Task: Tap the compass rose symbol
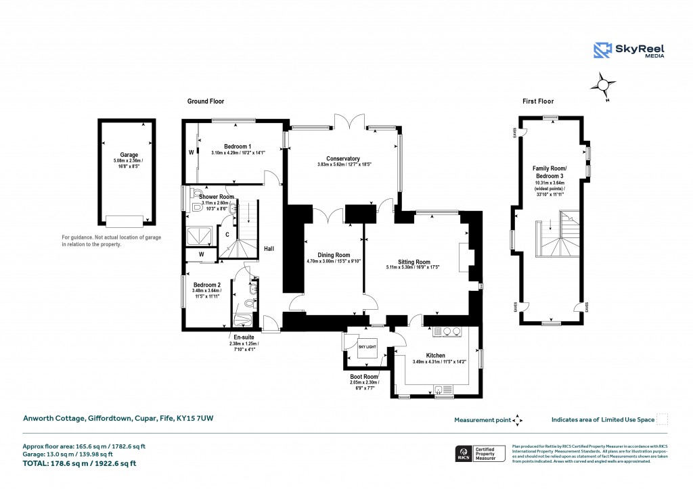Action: (602, 86)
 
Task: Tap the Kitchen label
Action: (435, 355)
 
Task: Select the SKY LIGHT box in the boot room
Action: (366, 348)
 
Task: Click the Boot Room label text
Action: (363, 377)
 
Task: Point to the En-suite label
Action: (244, 337)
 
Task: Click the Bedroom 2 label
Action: (206, 285)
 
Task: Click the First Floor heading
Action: (538, 101)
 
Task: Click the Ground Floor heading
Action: (206, 101)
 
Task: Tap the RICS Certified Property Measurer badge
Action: (480, 452)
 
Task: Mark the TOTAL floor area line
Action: (80, 463)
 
